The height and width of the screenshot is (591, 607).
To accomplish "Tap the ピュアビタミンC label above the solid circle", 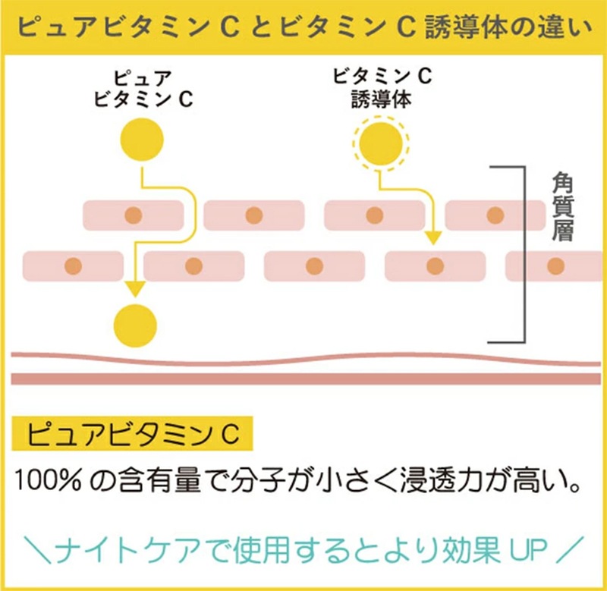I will click(141, 89).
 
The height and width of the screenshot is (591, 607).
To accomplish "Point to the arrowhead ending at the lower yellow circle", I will click(135, 289).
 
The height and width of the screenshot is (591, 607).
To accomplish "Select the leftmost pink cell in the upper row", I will click(133, 215).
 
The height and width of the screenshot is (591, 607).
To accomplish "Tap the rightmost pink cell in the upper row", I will click(495, 215).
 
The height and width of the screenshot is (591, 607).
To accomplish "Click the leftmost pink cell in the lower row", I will click(73, 266).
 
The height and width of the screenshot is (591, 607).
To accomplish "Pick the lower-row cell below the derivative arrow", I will click(434, 266).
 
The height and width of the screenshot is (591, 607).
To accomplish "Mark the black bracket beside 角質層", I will click(522, 254).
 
